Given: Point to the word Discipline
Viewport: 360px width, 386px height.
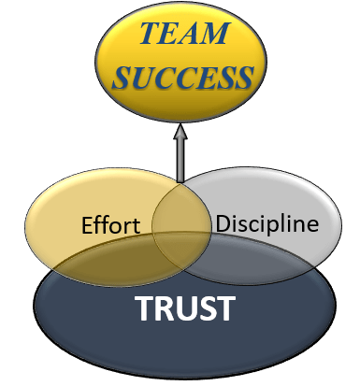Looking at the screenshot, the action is click(266, 224).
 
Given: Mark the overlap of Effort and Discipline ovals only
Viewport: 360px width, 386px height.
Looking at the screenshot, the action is click(181, 201).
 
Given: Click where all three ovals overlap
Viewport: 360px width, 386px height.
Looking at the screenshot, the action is click(182, 245).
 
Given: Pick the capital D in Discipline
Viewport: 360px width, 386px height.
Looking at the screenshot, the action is click(223, 225).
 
